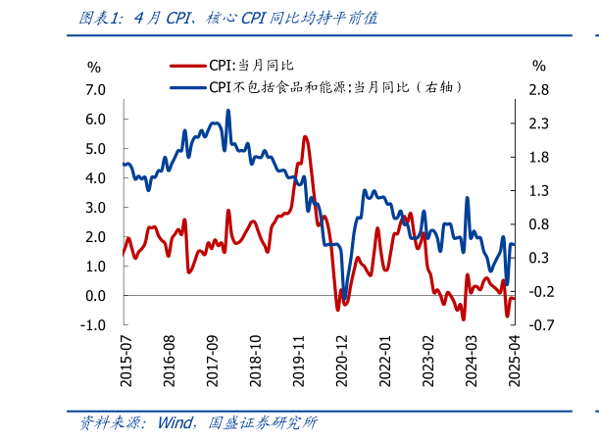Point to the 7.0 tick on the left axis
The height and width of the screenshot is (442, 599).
point(95,90)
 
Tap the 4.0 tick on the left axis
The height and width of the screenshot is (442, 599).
point(95,178)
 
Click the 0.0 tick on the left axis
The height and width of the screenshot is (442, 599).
point(95,296)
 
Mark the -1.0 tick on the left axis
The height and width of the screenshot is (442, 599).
point(93,325)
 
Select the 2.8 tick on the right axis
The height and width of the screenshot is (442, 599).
point(538,90)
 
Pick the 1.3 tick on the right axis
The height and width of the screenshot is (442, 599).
point(538,191)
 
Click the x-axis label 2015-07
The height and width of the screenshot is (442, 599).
point(125,361)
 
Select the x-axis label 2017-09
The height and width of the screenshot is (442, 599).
point(212,361)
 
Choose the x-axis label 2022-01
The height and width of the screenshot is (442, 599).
point(385,361)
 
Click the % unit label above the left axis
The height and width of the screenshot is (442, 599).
point(94,67)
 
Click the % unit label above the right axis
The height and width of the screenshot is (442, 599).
point(538,67)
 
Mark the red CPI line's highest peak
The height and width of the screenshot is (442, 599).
point(306,137)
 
